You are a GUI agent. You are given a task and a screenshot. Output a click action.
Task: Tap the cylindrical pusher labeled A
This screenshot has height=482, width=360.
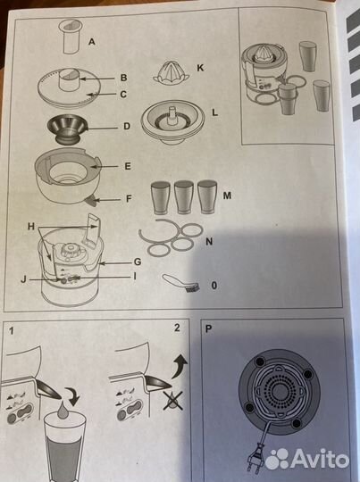[69, 38]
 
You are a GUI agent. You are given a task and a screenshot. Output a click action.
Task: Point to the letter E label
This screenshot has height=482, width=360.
[128, 165]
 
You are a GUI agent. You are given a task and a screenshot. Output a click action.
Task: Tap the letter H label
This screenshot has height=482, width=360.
[31, 227]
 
